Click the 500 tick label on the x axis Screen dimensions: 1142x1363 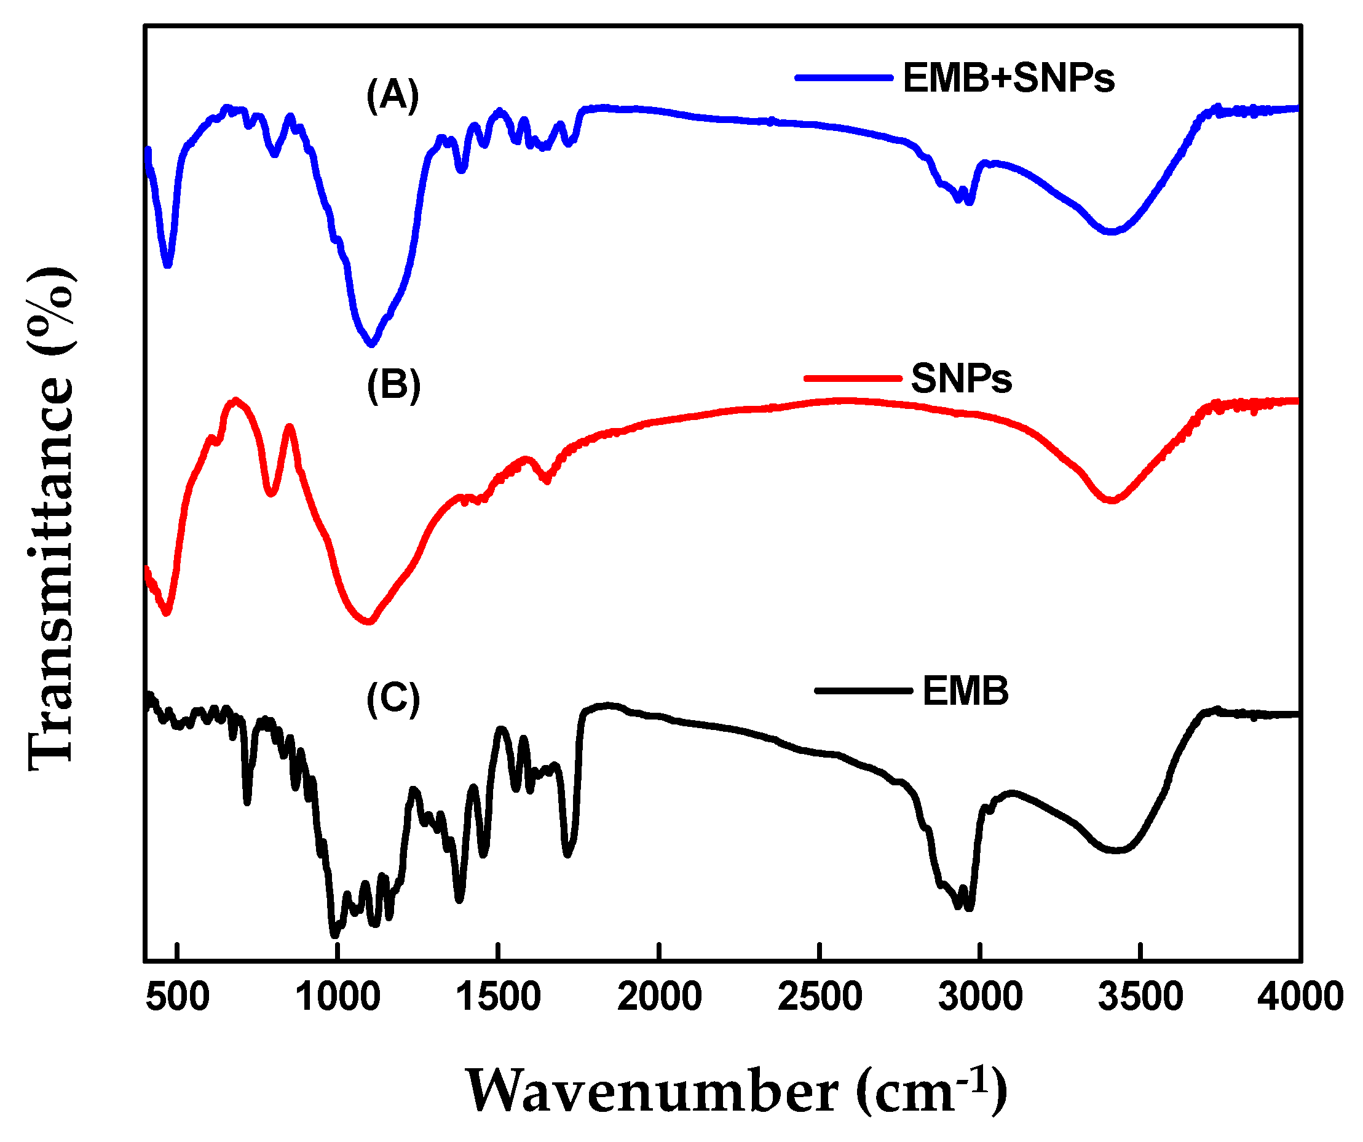[177, 997]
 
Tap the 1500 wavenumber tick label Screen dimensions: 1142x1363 [498, 997]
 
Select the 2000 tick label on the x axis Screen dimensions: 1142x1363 [659, 997]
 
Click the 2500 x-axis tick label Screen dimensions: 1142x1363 [820, 997]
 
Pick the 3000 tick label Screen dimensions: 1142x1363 [980, 997]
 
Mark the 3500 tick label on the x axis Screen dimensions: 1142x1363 [1140, 997]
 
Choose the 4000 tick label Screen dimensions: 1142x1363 [1300, 997]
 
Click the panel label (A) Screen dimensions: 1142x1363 [393, 95]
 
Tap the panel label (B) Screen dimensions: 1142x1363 [393, 385]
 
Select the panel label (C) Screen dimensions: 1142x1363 [393, 700]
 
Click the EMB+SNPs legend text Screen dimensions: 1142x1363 [1008, 79]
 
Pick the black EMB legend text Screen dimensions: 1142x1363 [965, 691]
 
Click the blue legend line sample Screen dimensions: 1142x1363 [843, 78]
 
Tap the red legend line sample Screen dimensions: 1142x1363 [852, 378]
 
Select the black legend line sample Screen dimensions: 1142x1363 [863, 691]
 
